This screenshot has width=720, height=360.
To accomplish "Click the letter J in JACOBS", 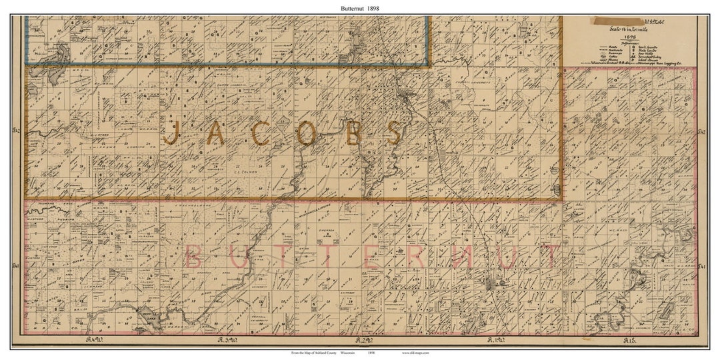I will [x=173, y=133].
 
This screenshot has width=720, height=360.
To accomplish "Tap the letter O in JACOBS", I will [x=305, y=133].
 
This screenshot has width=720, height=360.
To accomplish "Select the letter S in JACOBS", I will [x=394, y=133].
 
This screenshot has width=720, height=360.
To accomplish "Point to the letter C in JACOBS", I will [x=261, y=133].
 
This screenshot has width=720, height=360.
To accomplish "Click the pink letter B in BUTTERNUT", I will [x=193, y=257].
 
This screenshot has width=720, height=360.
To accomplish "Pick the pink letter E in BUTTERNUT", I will [x=371, y=257].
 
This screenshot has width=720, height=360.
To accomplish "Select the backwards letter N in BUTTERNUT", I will [x=461, y=257].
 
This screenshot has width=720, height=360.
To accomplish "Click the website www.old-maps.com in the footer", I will [x=415, y=352].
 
